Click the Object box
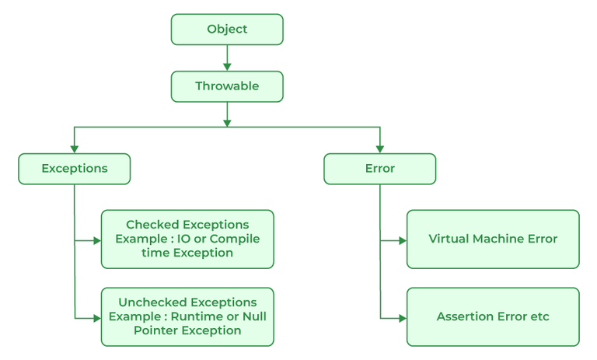(x=227, y=30)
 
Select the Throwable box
(x=227, y=86)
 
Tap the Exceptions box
(x=75, y=168)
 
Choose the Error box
(x=379, y=168)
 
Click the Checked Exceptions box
(x=187, y=239)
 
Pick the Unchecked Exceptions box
(x=187, y=316)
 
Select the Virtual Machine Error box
(x=493, y=239)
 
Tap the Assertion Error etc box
(x=493, y=316)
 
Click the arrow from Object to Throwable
(x=227, y=58)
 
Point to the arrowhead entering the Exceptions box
(x=75, y=149)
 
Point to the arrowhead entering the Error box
(x=379, y=149)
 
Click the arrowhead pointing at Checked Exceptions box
(x=96, y=241)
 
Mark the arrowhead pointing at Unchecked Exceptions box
(x=96, y=317)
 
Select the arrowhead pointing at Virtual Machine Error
(x=402, y=241)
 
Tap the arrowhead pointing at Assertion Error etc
(x=402, y=317)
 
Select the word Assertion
(x=465, y=316)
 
